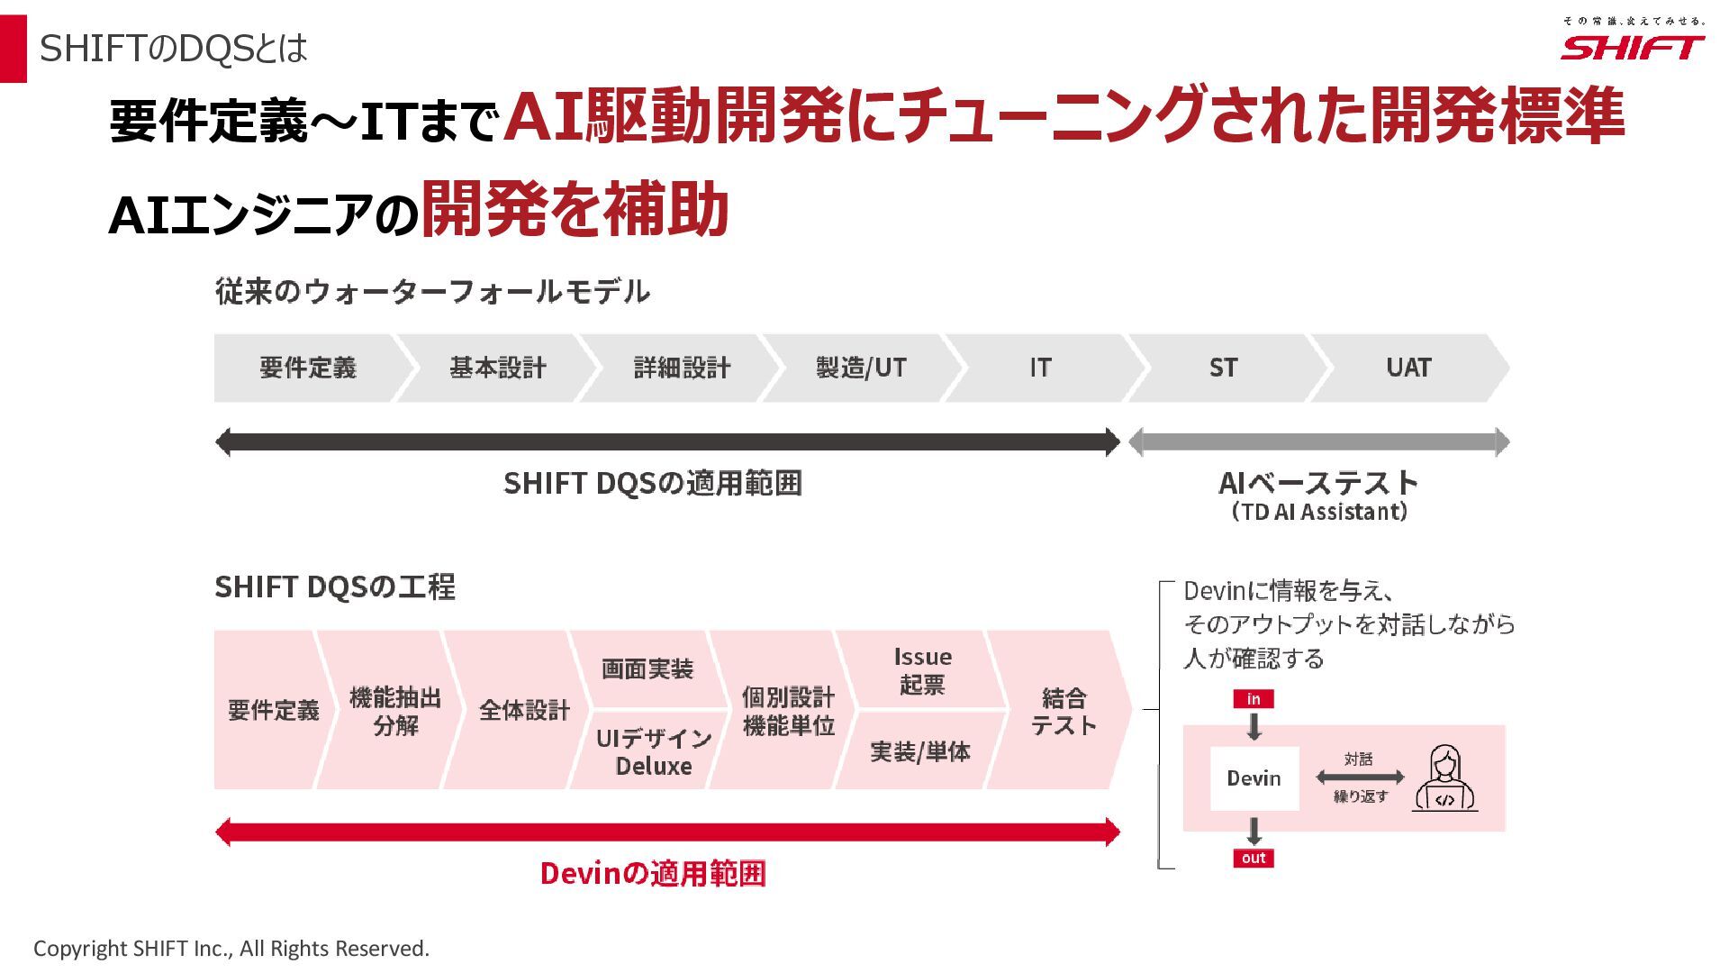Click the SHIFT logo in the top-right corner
point(1632,47)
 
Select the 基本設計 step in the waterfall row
point(497,368)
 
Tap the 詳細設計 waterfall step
point(682,368)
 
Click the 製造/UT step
point(861,368)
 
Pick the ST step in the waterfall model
point(1223,368)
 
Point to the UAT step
point(1408,368)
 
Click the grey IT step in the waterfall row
point(1040,368)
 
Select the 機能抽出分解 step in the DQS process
point(394,711)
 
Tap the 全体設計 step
point(524,711)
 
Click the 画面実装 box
point(647,669)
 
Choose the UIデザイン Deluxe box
point(653,751)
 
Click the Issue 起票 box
point(922,670)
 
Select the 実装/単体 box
point(919,751)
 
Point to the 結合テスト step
point(1063,711)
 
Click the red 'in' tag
point(1254,699)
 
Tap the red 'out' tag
point(1254,858)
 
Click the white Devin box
point(1254,778)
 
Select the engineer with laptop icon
point(1444,778)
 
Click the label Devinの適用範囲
point(653,873)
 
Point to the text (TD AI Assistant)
point(1318,512)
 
